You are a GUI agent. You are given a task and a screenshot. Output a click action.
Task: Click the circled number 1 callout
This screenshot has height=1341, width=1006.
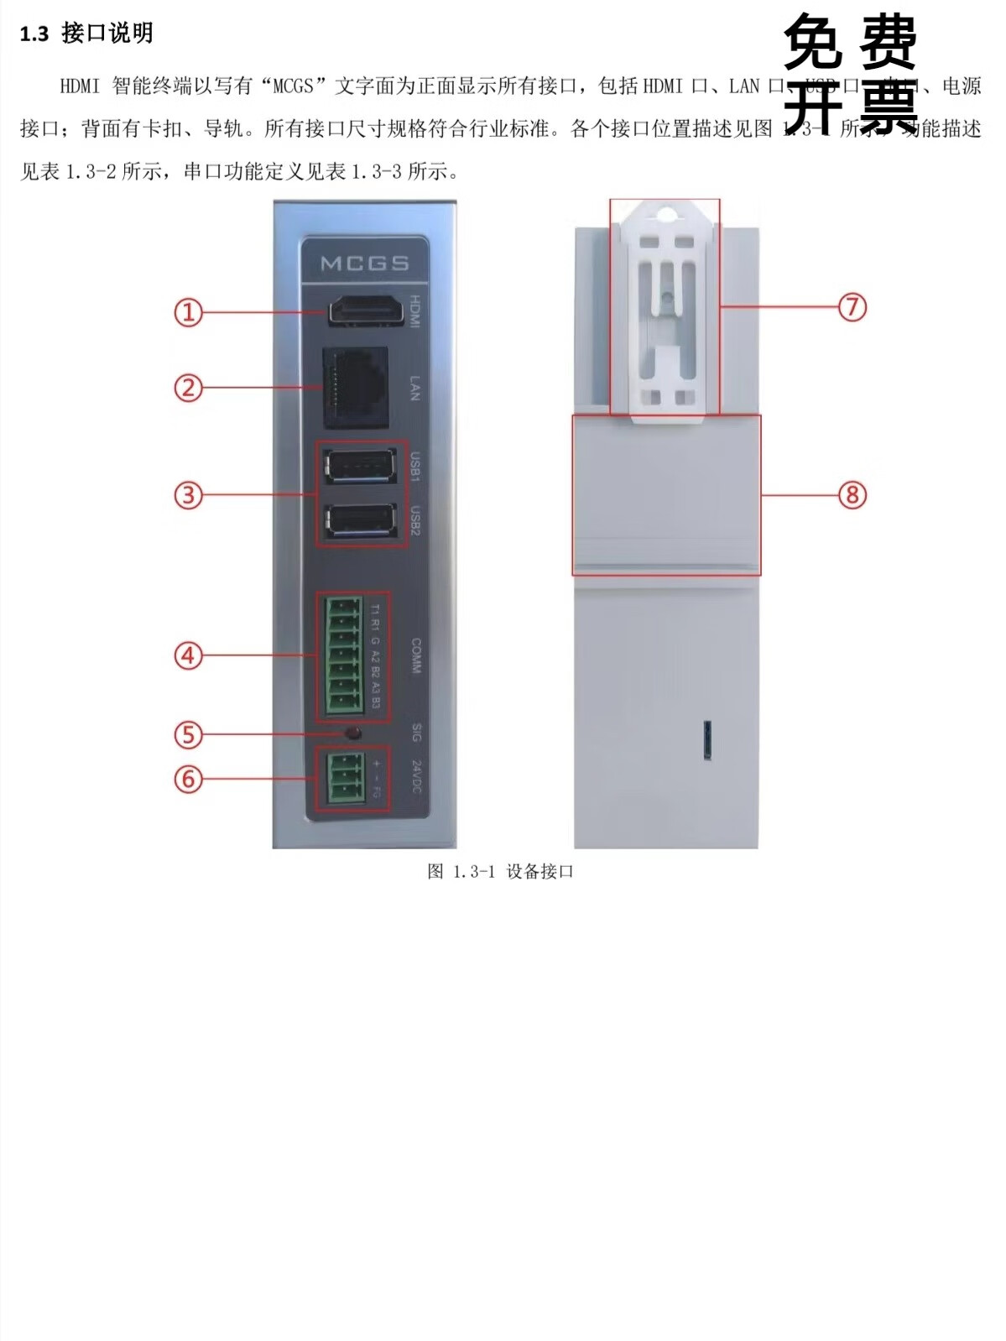(189, 313)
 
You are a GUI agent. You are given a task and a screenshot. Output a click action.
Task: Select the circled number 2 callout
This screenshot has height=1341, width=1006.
(189, 388)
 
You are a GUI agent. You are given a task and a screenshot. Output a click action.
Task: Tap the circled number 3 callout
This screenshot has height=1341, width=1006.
(189, 495)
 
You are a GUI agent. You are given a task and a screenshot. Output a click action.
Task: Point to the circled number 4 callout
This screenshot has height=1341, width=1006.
(189, 655)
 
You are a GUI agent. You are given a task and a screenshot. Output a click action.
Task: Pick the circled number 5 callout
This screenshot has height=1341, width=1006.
(189, 735)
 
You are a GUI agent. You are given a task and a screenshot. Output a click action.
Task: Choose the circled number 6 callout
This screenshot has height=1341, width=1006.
(189, 779)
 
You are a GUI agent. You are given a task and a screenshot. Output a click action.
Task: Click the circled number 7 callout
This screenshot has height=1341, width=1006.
(852, 307)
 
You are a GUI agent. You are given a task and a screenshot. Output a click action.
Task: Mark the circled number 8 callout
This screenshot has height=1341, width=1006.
(852, 495)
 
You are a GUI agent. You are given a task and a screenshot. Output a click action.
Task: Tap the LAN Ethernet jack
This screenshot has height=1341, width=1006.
(356, 387)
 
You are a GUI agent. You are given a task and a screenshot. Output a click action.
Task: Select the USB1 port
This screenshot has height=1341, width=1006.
(360, 466)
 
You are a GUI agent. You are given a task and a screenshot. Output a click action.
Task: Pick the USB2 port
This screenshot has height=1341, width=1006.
(360, 522)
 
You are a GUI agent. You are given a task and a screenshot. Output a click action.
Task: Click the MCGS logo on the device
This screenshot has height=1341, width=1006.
(364, 264)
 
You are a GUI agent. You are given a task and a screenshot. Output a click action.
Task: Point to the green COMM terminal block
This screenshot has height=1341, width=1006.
(344, 656)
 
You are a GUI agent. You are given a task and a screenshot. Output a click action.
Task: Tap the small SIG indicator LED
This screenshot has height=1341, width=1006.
(353, 733)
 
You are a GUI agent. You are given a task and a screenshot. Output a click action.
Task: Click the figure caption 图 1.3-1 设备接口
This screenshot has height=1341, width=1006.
(500, 872)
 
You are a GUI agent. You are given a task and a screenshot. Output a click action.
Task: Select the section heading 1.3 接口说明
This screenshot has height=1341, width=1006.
(86, 34)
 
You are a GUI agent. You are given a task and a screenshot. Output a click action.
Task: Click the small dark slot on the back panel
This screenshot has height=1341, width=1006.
(706, 739)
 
